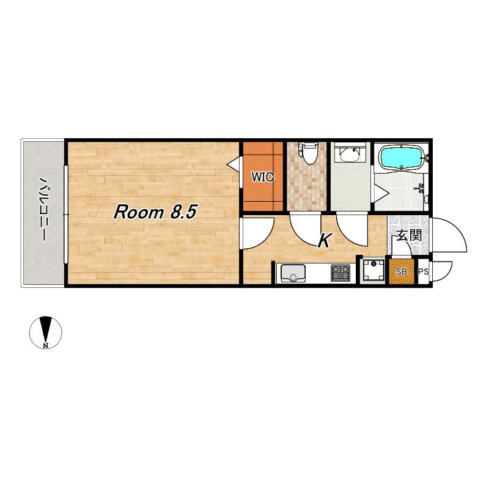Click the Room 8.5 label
(x=155, y=212)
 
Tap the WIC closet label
(x=263, y=177)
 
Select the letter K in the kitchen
(x=325, y=240)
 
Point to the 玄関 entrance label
(x=409, y=235)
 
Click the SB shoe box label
(x=402, y=271)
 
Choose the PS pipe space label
(x=423, y=271)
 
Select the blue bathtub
(x=402, y=158)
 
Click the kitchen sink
(x=293, y=273)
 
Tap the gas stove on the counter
(x=340, y=273)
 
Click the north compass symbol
(x=46, y=332)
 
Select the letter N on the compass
(x=46, y=345)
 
